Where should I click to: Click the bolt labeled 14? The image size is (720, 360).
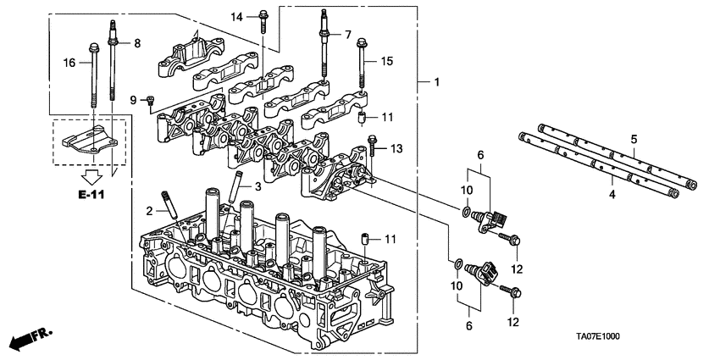[x=263, y=17]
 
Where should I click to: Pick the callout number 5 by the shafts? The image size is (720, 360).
[x=633, y=139]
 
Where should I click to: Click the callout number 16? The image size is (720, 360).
[x=70, y=61]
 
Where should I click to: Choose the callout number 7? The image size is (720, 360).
[x=346, y=34]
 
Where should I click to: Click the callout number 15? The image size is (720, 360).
[x=387, y=61]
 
